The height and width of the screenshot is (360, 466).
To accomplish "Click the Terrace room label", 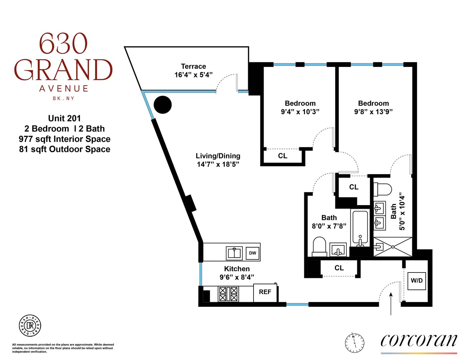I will [193, 67].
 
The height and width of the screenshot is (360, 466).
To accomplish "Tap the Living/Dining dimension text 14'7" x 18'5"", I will [218, 164].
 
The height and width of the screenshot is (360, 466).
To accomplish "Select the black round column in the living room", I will [163, 105].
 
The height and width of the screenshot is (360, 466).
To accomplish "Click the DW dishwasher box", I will [252, 253].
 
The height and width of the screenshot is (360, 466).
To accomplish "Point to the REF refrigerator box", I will [265, 292].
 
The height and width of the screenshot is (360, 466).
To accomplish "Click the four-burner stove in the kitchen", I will [228, 294].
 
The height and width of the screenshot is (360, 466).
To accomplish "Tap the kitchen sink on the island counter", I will [234, 253].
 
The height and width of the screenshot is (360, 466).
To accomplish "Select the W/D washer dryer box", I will [417, 280].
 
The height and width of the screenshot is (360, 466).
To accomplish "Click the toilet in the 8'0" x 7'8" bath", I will [319, 247].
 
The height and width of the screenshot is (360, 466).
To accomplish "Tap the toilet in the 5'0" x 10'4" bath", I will [382, 189].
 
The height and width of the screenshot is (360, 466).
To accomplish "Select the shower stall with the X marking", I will [393, 247].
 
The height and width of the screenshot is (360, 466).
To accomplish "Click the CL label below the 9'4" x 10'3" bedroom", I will [283, 156].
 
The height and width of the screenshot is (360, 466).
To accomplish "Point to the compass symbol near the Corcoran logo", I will [354, 342].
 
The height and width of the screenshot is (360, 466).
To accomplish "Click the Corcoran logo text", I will [418, 340].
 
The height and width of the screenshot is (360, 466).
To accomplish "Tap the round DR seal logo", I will [30, 326].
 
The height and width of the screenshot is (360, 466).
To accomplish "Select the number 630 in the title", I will [63, 44].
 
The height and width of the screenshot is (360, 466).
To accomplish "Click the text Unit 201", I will [64, 118].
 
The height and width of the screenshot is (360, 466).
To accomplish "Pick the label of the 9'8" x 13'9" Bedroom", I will [373, 103].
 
